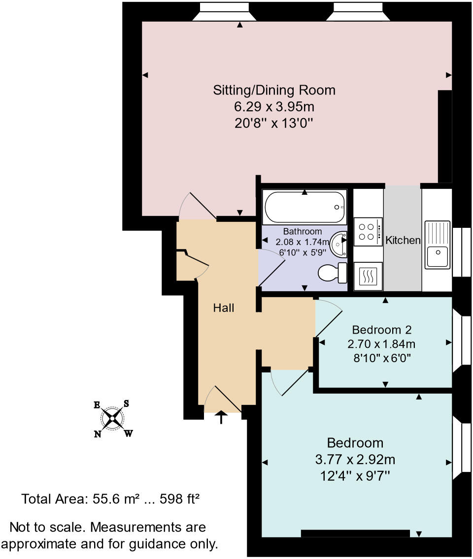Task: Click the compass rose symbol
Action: (x=113, y=419)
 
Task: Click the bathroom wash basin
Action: (x=339, y=244)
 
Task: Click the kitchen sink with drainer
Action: (x=437, y=245)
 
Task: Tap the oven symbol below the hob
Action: (x=368, y=277)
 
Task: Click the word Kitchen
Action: (x=403, y=240)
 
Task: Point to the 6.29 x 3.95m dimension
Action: (x=274, y=106)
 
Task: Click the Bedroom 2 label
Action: (x=382, y=329)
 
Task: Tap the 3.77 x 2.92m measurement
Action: (x=355, y=460)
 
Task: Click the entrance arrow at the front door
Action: (x=221, y=417)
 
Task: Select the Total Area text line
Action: (x=110, y=499)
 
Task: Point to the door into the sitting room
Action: (x=200, y=206)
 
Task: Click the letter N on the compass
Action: (x=98, y=434)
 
